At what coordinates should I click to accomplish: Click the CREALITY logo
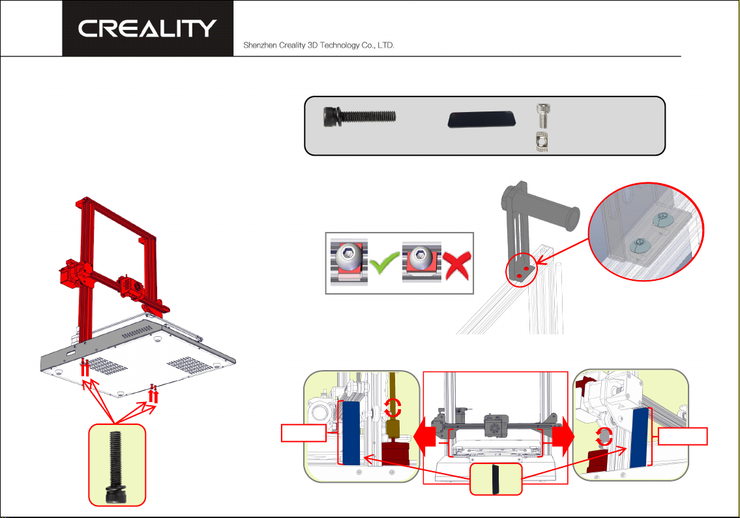[147, 28]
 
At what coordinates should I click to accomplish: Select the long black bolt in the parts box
[360, 117]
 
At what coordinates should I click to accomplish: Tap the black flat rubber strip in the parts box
[481, 119]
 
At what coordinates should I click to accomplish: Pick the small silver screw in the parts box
[544, 115]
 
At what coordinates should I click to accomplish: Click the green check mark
[384, 263]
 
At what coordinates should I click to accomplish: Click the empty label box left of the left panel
[303, 433]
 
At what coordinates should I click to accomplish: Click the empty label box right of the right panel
[683, 436]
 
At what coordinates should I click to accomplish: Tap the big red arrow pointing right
[563, 437]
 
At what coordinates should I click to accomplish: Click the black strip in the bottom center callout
[495, 480]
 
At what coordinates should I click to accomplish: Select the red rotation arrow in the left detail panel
[392, 408]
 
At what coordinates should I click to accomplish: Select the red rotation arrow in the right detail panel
[604, 437]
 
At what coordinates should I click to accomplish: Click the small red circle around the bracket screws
[522, 269]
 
